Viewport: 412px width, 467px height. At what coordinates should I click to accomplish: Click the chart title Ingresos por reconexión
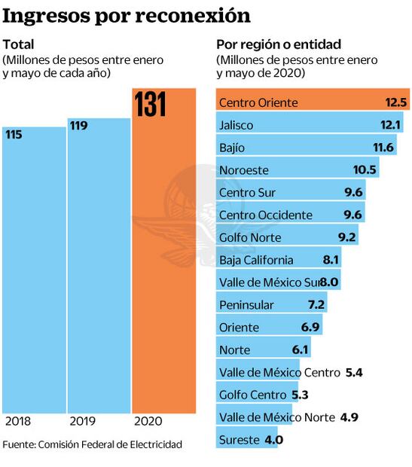click(x=127, y=15)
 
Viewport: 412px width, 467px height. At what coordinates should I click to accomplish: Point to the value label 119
click(x=79, y=126)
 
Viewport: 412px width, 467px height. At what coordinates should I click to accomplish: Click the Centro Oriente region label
click(x=258, y=102)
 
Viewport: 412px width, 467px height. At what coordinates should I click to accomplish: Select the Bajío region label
click(x=232, y=148)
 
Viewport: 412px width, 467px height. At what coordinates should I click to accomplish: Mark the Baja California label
click(x=256, y=261)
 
